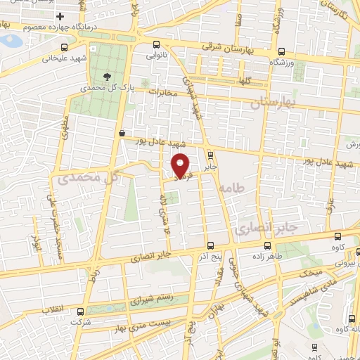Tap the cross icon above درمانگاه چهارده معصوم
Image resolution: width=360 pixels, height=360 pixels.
(x=61, y=16)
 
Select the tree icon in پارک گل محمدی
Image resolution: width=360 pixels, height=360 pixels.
(x=107, y=77)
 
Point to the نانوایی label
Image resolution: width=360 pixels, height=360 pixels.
(x=156, y=53)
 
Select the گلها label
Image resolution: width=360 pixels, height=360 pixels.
(x=245, y=81)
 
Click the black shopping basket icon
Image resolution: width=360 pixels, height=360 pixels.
(x=122, y=131)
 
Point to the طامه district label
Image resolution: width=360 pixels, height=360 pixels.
(x=229, y=188)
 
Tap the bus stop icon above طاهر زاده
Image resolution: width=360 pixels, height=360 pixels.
(x=267, y=246)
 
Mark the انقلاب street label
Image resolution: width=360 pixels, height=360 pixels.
(x=53, y=310)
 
